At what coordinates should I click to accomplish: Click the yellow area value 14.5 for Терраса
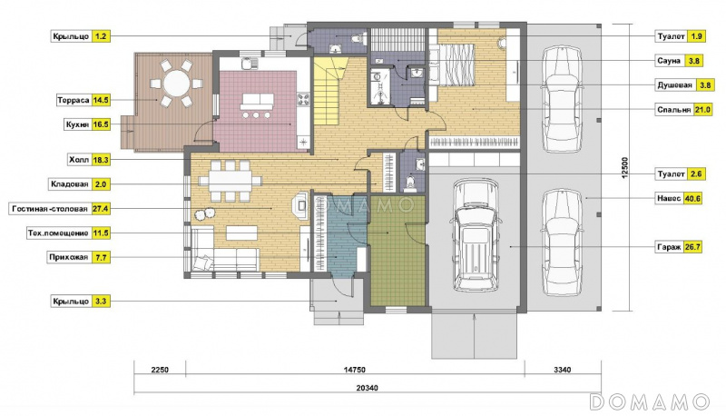click(101, 100)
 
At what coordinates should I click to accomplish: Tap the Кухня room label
click(78, 124)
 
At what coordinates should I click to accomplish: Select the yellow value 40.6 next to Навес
click(692, 198)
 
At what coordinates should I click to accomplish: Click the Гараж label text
click(669, 247)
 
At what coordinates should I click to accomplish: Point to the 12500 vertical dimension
click(624, 168)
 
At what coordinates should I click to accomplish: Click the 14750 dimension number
click(355, 370)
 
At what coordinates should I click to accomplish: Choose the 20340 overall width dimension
click(368, 388)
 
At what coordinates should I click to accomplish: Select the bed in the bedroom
click(456, 64)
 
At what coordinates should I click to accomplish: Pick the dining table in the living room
click(231, 181)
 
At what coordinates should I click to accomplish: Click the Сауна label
click(669, 61)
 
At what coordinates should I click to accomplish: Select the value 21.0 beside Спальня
click(702, 110)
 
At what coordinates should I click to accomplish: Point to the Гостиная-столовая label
click(50, 209)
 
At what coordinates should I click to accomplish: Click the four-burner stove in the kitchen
click(303, 98)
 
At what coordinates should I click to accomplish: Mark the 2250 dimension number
click(160, 370)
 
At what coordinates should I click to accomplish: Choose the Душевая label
click(674, 85)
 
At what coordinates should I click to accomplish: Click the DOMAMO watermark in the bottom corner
click(650, 402)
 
